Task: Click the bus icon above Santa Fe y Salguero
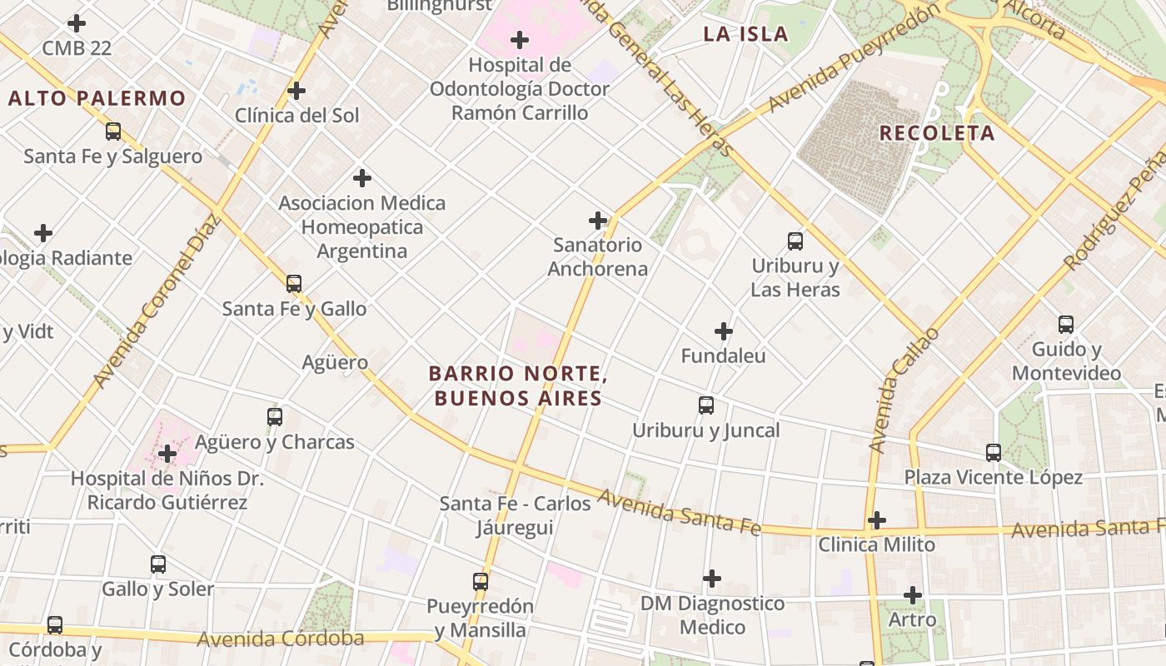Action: tap(112, 132)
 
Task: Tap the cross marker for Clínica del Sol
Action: tap(296, 91)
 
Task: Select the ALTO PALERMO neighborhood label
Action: tap(97, 98)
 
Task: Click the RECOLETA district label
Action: tap(937, 133)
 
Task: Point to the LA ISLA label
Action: tap(745, 34)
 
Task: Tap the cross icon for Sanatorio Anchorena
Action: tap(598, 221)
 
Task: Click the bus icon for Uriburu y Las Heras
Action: tap(795, 241)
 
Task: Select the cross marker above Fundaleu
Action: tap(724, 331)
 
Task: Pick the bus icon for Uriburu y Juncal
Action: tap(706, 405)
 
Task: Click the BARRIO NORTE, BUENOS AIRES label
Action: tap(518, 386)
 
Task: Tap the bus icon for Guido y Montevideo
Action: tap(1066, 325)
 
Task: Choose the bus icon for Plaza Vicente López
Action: tap(994, 453)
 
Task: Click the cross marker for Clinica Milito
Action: tap(876, 520)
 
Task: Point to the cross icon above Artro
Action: tap(913, 595)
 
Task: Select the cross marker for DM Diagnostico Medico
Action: tap(712, 579)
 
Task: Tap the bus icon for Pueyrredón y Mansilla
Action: tap(481, 581)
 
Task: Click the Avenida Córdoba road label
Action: tap(281, 639)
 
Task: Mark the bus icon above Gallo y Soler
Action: tap(158, 564)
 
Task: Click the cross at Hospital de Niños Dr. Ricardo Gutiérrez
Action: tap(167, 454)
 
